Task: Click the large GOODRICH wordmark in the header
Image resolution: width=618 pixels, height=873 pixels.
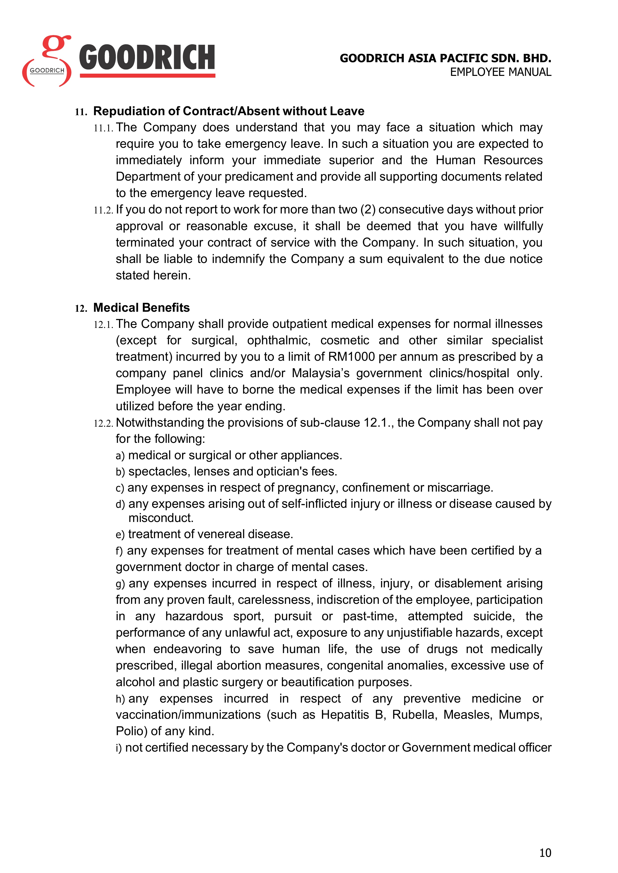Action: [147, 58]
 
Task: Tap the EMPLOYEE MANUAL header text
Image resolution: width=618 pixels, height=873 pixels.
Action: [500, 72]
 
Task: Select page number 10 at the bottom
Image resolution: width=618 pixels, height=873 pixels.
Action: [545, 853]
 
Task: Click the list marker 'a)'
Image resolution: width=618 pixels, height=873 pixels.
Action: [120, 456]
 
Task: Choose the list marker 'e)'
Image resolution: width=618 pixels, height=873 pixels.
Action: [120, 535]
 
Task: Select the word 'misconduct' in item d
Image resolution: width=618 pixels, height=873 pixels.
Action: [161, 518]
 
